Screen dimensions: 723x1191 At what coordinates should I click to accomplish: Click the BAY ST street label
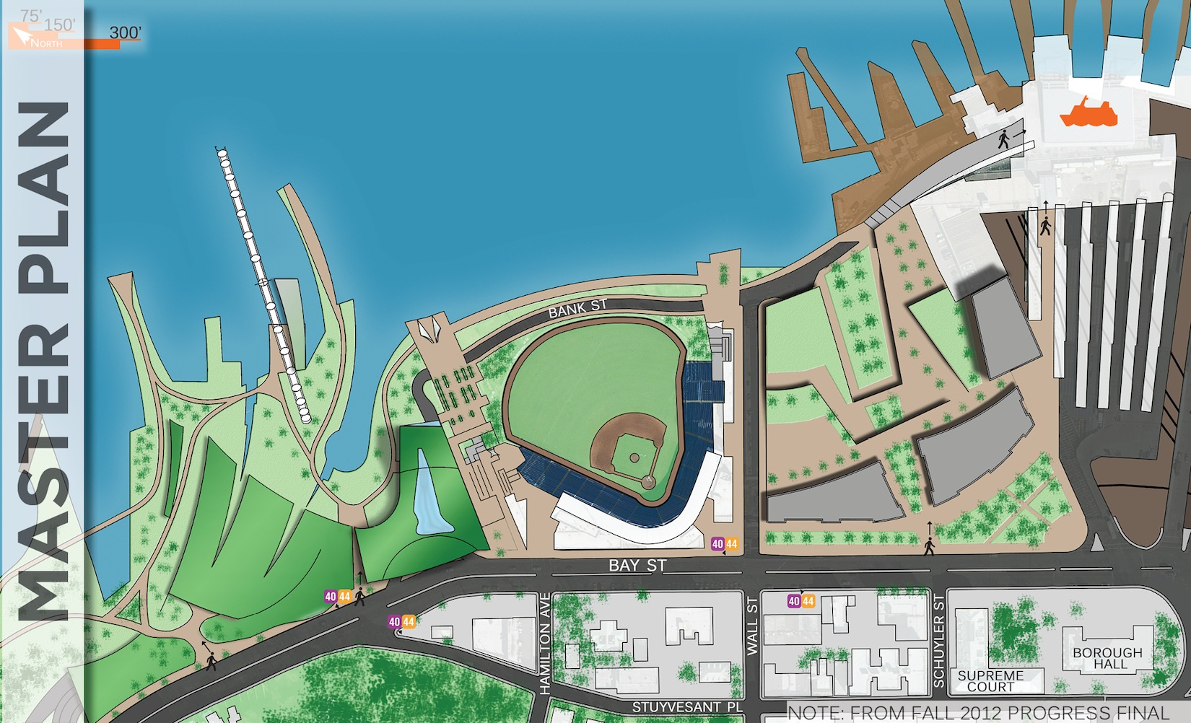[637, 566]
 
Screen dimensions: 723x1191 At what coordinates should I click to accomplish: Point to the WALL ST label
[753, 626]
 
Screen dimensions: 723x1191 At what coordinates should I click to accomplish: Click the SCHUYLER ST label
[939, 640]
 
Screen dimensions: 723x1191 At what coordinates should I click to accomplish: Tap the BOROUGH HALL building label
[1107, 658]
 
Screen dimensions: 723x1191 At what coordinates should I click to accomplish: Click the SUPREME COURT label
[990, 681]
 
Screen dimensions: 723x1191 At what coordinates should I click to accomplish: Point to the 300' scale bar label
[125, 32]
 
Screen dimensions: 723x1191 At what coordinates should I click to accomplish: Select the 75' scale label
[30, 15]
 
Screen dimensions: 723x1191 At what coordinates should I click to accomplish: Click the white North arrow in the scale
[22, 35]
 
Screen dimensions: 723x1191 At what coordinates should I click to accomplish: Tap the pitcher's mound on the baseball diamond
[634, 457]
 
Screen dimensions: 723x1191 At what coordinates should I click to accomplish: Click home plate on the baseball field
[649, 481]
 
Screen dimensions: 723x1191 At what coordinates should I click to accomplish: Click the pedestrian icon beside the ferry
[1004, 138]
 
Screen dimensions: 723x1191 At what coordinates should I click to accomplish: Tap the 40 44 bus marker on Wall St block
[800, 601]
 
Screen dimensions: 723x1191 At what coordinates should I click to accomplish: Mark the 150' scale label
[59, 25]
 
